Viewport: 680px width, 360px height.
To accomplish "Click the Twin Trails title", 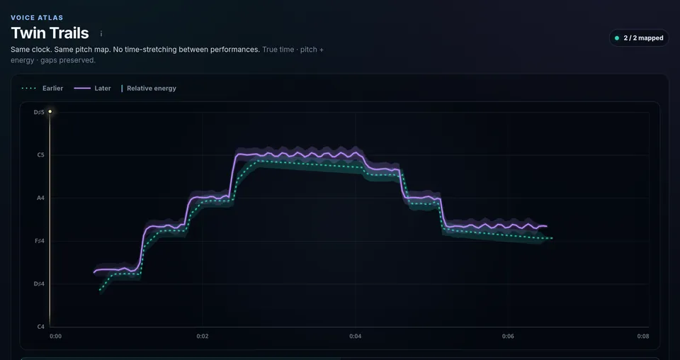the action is pos(50,33).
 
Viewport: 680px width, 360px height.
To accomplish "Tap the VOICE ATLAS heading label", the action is pos(37,18).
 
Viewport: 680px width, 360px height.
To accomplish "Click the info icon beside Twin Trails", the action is pos(101,33).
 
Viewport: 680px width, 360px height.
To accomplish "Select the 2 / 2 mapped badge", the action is pos(639,38).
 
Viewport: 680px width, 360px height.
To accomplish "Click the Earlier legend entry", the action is pos(42,89).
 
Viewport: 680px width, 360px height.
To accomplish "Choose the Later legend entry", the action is pos(92,89).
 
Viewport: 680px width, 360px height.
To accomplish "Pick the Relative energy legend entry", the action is pos(148,89).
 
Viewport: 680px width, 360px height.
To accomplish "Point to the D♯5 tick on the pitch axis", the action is pos(39,113).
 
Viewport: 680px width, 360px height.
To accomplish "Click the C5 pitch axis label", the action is pos(41,155).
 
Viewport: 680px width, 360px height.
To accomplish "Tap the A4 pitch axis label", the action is pos(41,198).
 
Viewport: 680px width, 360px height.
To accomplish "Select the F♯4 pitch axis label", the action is pos(40,241).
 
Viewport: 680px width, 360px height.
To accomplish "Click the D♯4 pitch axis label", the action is pos(39,283).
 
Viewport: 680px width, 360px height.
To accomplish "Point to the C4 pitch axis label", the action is pos(41,327).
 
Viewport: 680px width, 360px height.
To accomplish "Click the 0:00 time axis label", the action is pos(55,336).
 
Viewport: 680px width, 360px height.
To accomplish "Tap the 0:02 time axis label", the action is pos(203,336).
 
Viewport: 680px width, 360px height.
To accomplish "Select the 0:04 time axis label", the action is pos(355,336).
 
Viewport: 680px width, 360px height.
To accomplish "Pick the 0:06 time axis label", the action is pos(509,336).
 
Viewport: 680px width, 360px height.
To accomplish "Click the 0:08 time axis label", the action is pos(643,336).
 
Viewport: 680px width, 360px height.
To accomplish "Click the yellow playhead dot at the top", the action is pos(50,112).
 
